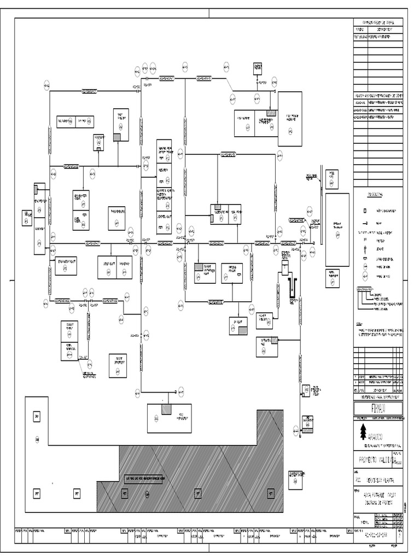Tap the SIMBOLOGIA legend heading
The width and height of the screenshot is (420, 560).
pos(375,194)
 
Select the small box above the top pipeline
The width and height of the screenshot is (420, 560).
pos(258,67)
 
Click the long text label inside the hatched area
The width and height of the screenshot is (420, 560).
pos(145,477)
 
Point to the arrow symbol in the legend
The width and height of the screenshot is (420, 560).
pos(365,223)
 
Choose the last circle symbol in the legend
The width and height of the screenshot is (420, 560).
pos(365,277)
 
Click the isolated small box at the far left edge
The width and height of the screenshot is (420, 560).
pos(26,218)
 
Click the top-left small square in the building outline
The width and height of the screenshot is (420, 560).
pos(37,417)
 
